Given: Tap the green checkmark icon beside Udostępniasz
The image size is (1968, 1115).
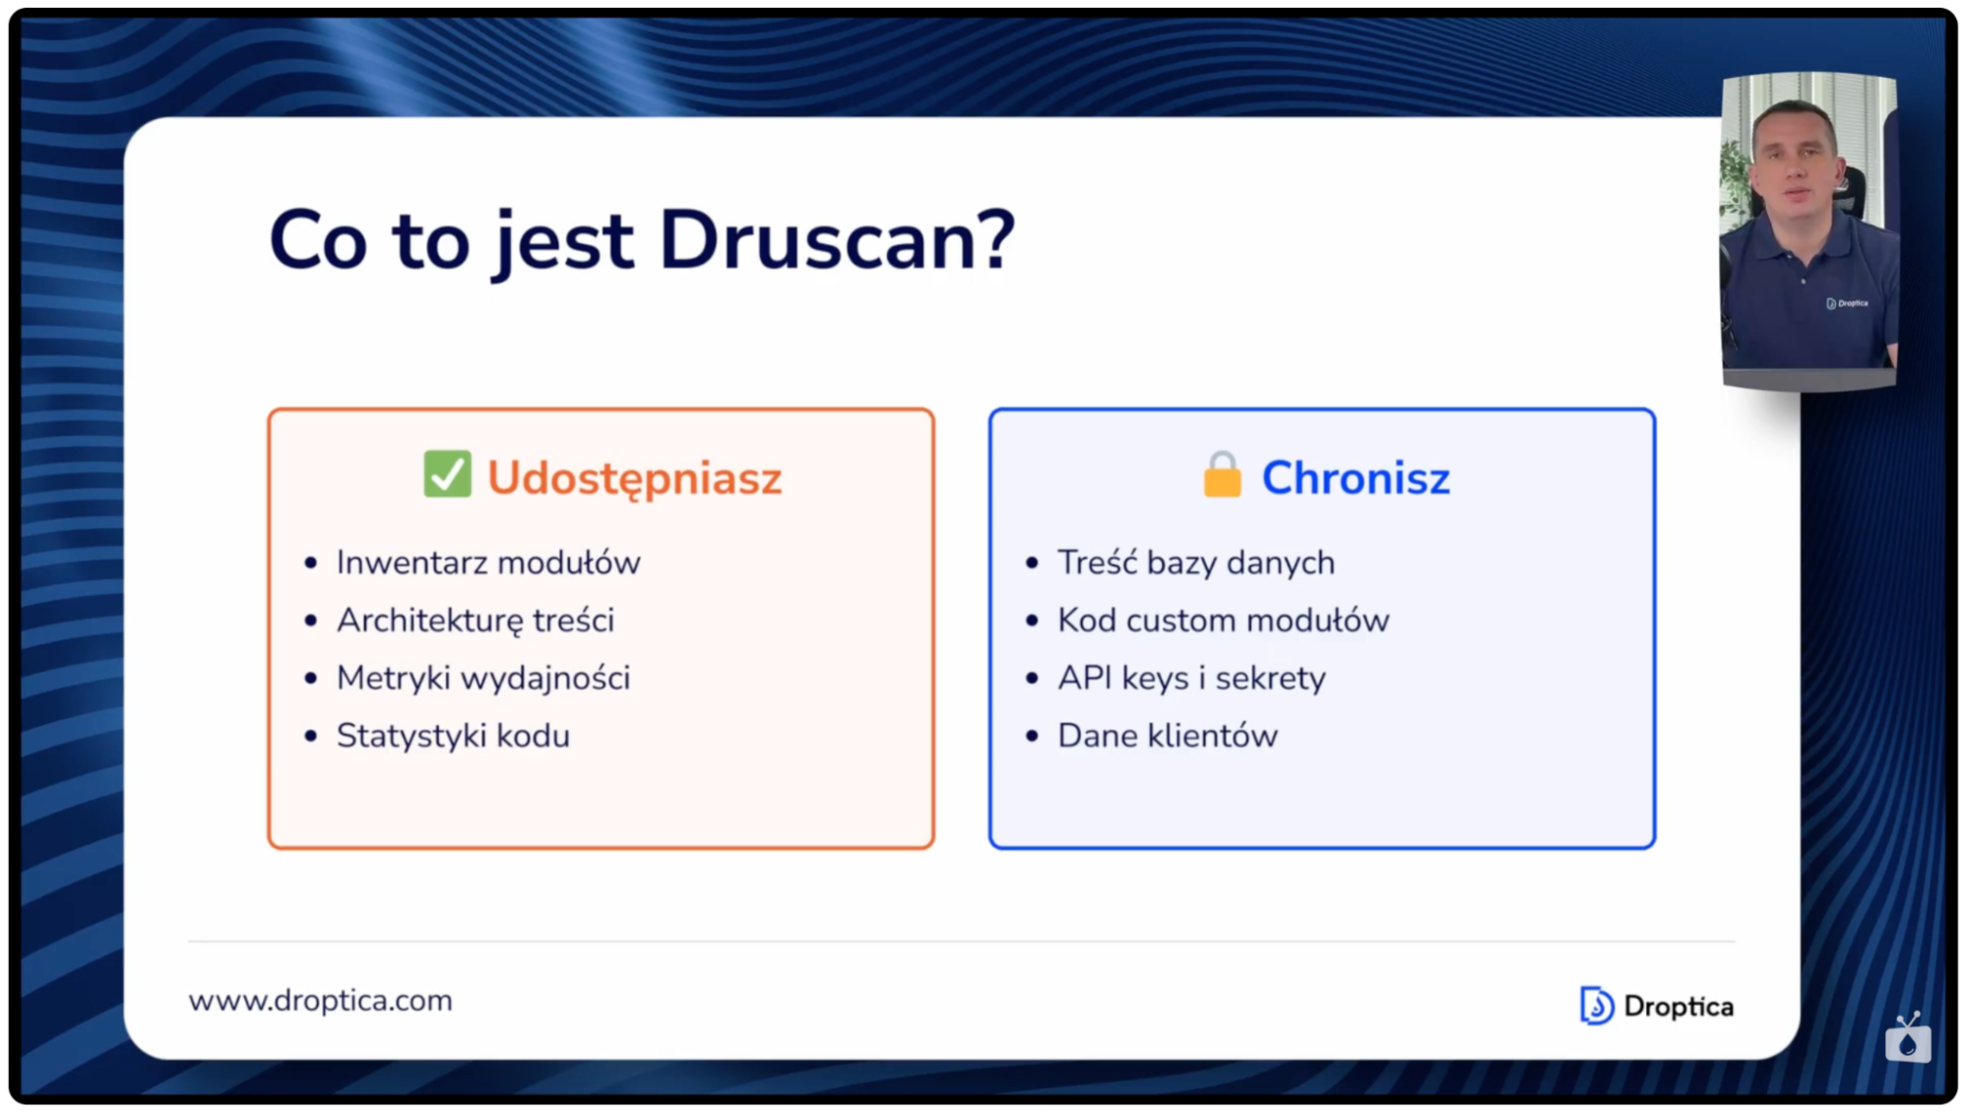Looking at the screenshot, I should pyautogui.click(x=447, y=475).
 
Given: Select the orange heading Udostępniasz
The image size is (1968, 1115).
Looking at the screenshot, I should pyautogui.click(x=634, y=479).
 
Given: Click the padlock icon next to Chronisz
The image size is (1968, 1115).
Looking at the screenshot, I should pyautogui.click(x=1222, y=476).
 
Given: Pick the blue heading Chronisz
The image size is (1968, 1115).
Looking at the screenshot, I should pyautogui.click(x=1356, y=479).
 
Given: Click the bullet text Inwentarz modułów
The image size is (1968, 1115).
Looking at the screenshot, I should pyautogui.click(x=488, y=563).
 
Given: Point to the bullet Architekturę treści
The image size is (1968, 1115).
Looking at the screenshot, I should pyautogui.click(x=476, y=621).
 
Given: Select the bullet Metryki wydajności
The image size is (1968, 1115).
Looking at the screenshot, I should pyautogui.click(x=483, y=679).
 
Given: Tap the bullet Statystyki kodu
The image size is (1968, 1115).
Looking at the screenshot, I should pyautogui.click(x=453, y=736).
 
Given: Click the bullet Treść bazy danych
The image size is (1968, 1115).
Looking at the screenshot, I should pyautogui.click(x=1196, y=563).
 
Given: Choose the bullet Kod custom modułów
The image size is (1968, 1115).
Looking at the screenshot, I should pyautogui.click(x=1223, y=621).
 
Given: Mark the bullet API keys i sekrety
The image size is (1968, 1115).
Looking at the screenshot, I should pyautogui.click(x=1191, y=679).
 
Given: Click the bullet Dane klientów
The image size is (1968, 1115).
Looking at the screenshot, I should pyautogui.click(x=1168, y=736).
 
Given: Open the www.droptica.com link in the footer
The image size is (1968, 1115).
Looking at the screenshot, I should pyautogui.click(x=321, y=1001).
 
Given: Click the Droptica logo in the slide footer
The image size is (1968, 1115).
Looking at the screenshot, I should pyautogui.click(x=1657, y=1006).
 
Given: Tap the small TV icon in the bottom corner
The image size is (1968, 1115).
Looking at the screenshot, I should pyautogui.click(x=1908, y=1037).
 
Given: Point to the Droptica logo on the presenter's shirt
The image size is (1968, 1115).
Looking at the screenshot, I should pyautogui.click(x=1847, y=303).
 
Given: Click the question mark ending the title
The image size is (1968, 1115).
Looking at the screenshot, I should pyautogui.click(x=996, y=239).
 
